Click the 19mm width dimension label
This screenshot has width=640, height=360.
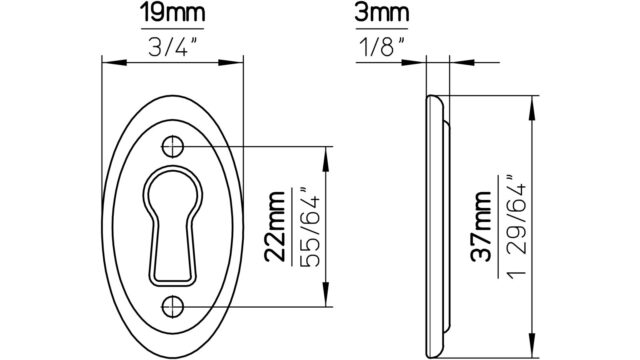pyautogui.click(x=172, y=13)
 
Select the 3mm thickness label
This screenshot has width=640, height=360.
pyautogui.click(x=382, y=13)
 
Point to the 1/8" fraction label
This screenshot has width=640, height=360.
pyautogui.click(x=382, y=46)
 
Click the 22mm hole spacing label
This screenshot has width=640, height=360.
pyautogui.click(x=275, y=227)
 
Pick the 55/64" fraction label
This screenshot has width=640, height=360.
pyautogui.click(x=310, y=227)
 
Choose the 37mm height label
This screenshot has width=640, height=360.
pyautogui.click(x=481, y=227)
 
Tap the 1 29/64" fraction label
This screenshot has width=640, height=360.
pyautogui.click(x=516, y=227)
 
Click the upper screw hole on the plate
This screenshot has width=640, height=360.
pyautogui.click(x=173, y=147)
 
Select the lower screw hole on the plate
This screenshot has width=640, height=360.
pyautogui.click(x=173, y=307)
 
